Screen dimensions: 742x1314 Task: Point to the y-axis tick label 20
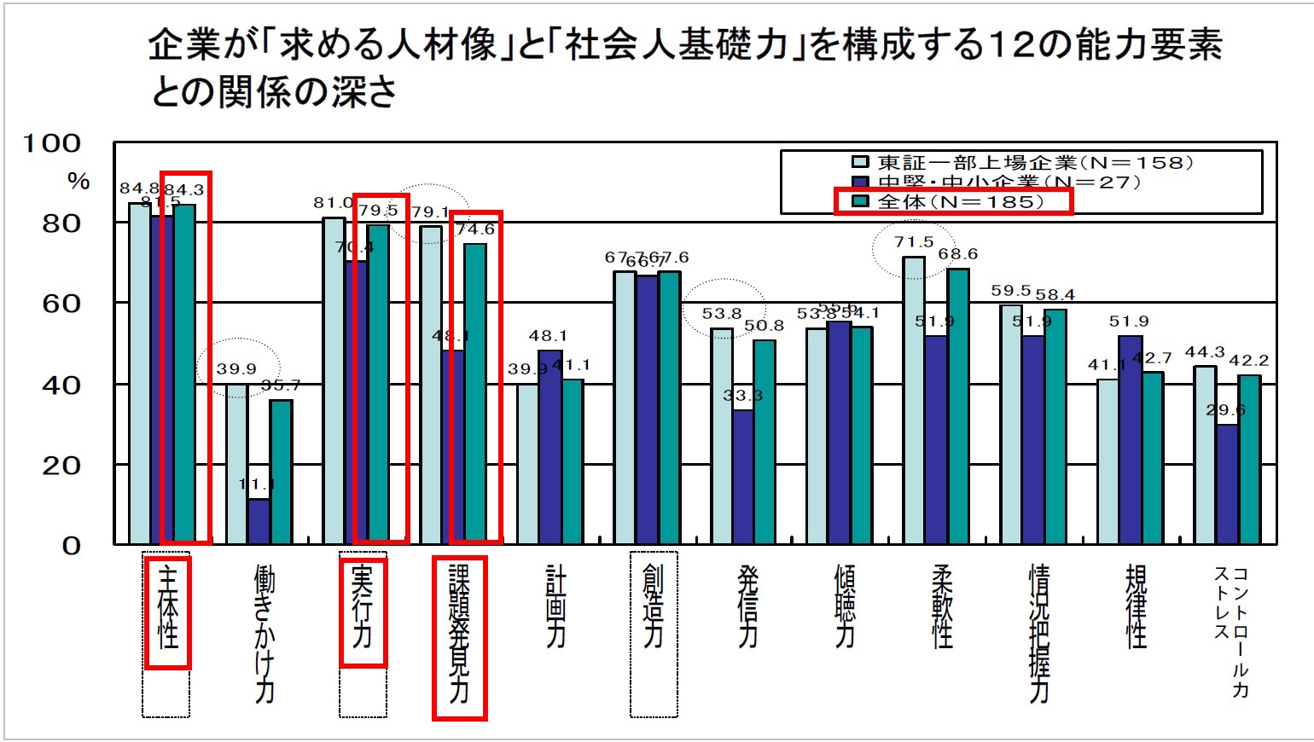point(61,466)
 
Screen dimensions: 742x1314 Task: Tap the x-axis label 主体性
point(168,612)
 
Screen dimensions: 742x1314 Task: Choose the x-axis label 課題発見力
point(459,635)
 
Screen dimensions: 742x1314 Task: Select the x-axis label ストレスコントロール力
point(1231,631)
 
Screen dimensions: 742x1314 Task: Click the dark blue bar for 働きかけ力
point(259,522)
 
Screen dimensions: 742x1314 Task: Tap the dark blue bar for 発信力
point(743,478)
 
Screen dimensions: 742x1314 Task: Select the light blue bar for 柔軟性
point(914,401)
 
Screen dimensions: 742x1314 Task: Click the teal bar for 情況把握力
point(1055,426)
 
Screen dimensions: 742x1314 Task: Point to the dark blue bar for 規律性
point(1130,440)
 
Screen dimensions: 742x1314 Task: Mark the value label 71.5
point(914,242)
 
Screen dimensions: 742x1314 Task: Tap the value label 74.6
point(475,229)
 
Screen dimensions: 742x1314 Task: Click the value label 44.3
point(1204,352)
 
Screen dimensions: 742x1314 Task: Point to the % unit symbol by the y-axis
point(78,181)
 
